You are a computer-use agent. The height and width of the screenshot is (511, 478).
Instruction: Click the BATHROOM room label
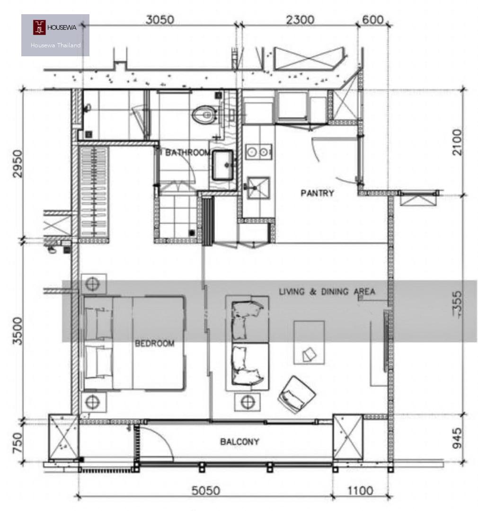pos(187,152)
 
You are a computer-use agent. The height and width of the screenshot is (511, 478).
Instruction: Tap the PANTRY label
pos(317,193)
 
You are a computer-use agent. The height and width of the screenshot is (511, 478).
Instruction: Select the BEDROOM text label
pos(155,343)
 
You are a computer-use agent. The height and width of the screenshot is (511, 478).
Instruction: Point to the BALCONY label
pos(239,441)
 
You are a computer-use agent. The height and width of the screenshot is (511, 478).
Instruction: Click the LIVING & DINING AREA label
pos(327,291)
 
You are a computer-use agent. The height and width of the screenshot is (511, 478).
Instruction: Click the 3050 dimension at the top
pos(160,20)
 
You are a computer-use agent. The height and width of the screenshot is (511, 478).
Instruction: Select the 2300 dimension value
pos(300,20)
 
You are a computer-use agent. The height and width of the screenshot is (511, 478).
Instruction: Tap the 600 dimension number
pos(372,20)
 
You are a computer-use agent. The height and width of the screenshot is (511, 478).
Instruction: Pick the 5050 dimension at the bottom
pos(206,491)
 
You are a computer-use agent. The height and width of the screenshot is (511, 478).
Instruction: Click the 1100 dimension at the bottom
pos(360,491)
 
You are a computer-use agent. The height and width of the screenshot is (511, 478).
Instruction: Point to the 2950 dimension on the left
pos(18,164)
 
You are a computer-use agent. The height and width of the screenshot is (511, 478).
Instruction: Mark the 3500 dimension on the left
pos(18,331)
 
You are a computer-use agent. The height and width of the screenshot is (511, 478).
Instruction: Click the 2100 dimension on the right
pos(457,142)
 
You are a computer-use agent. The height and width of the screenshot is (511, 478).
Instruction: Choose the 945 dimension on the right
pos(457,438)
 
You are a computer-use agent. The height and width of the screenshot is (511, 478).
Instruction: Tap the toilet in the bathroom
pos(205,115)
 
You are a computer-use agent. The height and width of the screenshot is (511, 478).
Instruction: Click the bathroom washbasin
pos(223,165)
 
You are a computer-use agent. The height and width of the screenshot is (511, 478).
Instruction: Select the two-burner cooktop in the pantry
pos(259,151)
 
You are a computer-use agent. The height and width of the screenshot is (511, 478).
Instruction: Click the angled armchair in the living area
pos(296,394)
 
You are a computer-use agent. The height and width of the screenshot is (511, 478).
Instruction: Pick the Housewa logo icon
pos(39,27)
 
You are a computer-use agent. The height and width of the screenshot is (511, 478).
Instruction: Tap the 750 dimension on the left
pos(18,442)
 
